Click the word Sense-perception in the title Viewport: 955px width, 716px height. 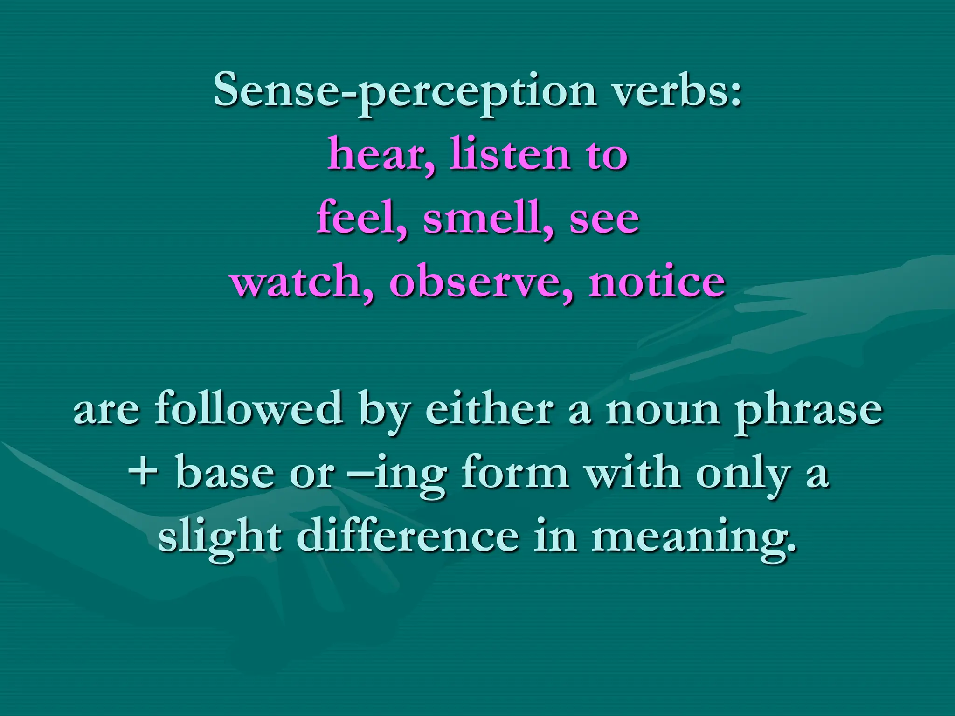pos(405,91)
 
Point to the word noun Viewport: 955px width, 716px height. pos(663,409)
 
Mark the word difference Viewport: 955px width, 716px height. pos(408,536)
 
